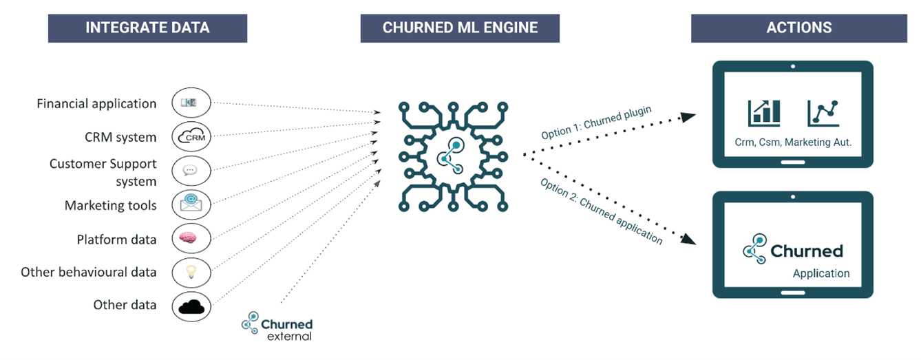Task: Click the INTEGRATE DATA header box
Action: point(147,28)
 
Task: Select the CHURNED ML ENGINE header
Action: point(460,28)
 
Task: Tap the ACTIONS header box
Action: point(798,28)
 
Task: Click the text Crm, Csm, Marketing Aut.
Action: point(793,143)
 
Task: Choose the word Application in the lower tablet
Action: point(821,273)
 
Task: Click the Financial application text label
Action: point(96,104)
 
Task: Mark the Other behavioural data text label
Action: point(89,272)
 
